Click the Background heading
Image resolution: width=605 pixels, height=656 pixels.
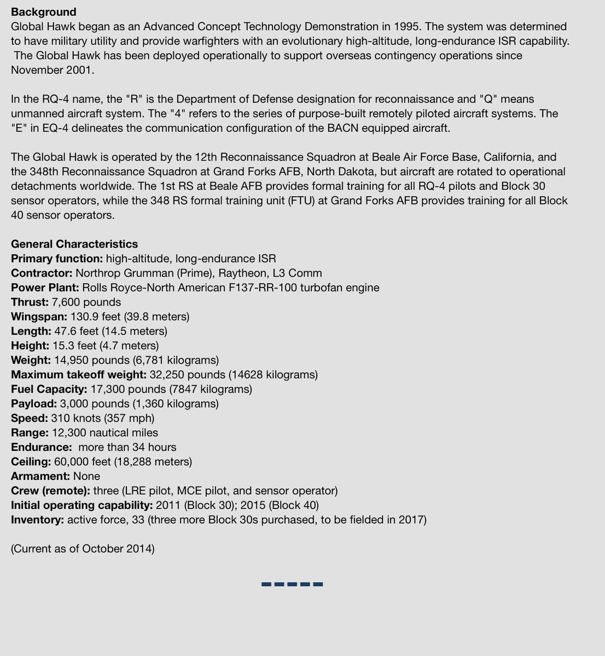(44, 12)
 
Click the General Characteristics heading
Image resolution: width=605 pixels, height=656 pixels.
(74, 244)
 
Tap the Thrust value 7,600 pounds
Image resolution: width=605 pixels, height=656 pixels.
(86, 302)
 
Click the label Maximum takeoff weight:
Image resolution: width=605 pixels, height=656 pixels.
(78, 374)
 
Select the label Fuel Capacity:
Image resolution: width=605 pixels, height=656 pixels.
(49, 389)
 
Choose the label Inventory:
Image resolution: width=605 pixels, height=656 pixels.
(37, 519)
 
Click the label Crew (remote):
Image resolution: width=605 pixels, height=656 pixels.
(50, 490)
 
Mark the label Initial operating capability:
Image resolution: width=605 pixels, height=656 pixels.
(82, 505)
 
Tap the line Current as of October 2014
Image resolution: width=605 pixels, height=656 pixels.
(83, 548)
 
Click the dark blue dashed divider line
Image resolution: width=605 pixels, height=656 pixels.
(292, 584)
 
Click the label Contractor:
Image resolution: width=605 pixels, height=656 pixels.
(42, 273)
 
